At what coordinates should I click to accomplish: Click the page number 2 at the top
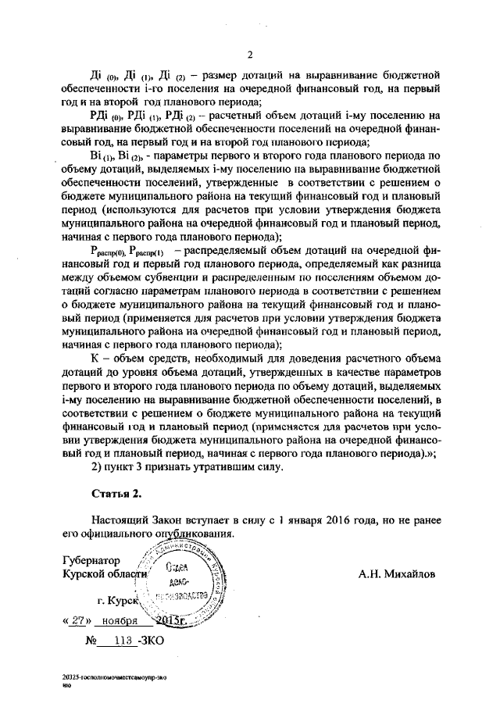pos(250,54)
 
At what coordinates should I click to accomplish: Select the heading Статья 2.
pos(116,494)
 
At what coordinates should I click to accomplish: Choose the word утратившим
pos(202,467)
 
